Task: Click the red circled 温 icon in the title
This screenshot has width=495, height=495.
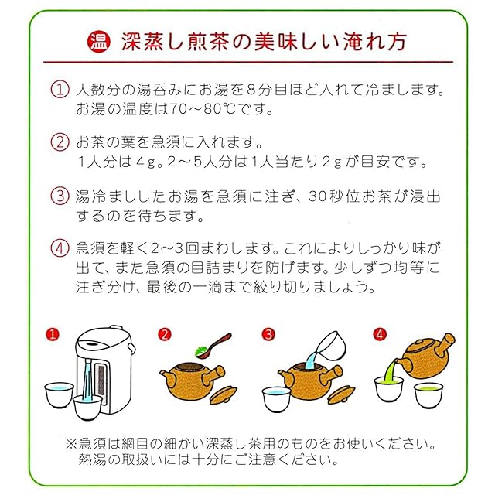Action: pos(99,42)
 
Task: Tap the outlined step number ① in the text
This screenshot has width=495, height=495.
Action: pos(60,90)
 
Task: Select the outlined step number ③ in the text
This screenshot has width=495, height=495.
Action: pos(60,196)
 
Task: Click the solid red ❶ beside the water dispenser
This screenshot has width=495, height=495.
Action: pos(53,334)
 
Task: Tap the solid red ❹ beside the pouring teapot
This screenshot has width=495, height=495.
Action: pos(380,334)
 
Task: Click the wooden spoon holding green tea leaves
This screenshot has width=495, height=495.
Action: pos(213,346)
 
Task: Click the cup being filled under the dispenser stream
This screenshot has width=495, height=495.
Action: pos(87,407)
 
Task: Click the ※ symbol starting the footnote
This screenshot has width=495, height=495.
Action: pos(71,443)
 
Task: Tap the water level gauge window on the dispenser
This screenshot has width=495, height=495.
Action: pos(101,380)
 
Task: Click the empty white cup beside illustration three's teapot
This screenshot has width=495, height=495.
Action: pos(277,398)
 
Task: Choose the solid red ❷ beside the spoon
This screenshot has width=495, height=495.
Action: pos(165,334)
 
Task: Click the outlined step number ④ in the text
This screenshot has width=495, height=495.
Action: pos(60,248)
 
